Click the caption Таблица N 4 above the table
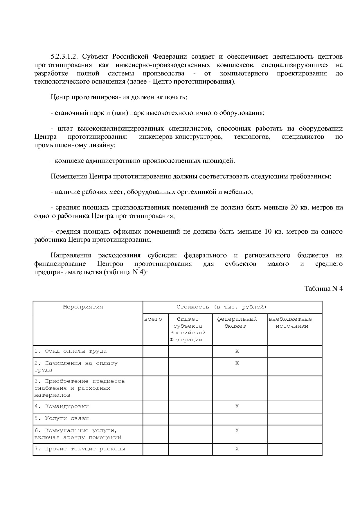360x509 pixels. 323,288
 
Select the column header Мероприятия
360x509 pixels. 83,307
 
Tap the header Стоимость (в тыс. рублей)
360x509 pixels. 221,307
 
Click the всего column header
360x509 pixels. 153,319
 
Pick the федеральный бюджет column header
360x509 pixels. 237,322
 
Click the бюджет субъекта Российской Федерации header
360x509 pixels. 188,329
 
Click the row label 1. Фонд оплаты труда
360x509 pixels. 71,351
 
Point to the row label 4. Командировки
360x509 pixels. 62,407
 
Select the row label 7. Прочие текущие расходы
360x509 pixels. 80,449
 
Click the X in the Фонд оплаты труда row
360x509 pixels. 237,351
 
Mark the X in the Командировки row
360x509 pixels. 237,407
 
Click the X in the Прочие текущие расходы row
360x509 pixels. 237,449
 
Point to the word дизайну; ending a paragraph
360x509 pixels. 103,145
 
